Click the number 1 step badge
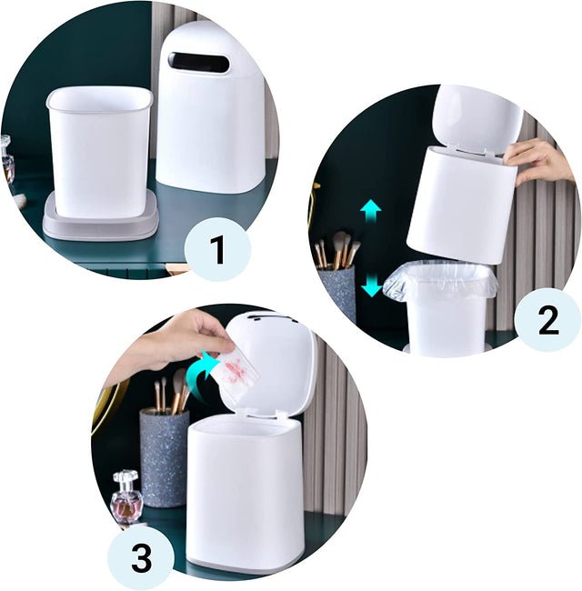217,249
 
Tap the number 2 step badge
547,320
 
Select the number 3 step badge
141,557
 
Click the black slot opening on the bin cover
198,62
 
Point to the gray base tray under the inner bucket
101,220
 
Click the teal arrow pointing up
371,212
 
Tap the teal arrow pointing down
372,285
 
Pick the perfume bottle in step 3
126,496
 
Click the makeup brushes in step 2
337,249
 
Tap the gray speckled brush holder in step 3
165,457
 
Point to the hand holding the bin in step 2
537,161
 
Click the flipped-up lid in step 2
477,117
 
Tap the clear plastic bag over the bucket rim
439,280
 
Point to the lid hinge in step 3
265,416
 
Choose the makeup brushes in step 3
172,391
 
